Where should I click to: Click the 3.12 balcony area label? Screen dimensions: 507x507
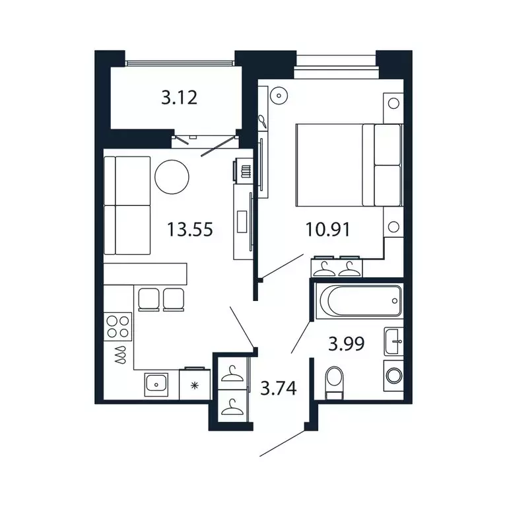180,99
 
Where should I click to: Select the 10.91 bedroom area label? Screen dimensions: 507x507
327,230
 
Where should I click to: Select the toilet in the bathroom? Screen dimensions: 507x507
335,382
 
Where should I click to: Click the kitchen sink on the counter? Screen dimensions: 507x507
156,382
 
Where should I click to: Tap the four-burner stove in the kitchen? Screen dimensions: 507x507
118,326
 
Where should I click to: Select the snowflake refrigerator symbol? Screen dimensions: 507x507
194,384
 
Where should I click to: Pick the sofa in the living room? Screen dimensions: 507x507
127,205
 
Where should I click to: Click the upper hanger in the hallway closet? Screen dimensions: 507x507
231,375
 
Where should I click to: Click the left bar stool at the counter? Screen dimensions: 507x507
147,298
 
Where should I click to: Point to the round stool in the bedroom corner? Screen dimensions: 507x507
280,95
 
